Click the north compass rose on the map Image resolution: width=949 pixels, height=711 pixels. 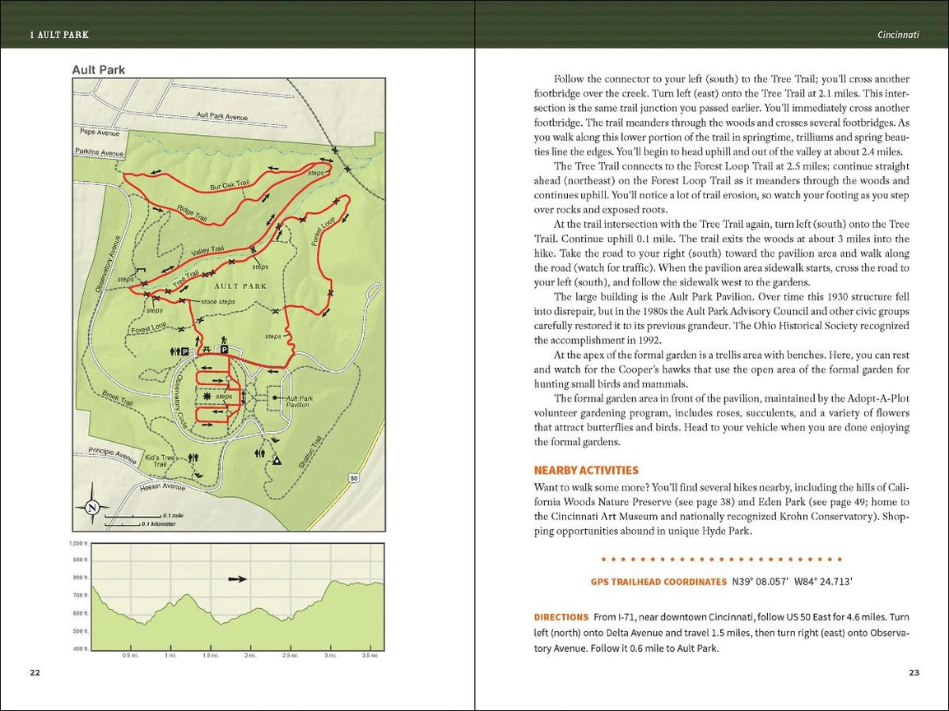(x=92, y=507)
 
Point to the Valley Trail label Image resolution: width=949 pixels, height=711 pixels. (x=207, y=250)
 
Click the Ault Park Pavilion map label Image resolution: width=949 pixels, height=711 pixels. (x=298, y=402)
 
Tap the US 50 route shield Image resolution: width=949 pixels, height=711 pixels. (x=353, y=478)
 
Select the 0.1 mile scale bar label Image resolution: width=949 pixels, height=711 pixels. (x=173, y=515)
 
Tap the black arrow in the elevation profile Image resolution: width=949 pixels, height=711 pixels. (x=238, y=579)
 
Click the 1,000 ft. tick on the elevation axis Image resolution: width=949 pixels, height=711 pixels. (x=78, y=544)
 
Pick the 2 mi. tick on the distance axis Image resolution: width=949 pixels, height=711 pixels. (x=250, y=656)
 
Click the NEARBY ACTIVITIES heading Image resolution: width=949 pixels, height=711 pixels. (x=586, y=471)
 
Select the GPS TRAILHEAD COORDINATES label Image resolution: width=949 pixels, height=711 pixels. (x=658, y=582)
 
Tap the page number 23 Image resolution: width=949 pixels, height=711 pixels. (x=914, y=672)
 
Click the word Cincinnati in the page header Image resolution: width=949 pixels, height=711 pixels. (x=898, y=35)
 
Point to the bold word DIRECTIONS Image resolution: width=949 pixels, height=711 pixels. (x=561, y=616)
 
